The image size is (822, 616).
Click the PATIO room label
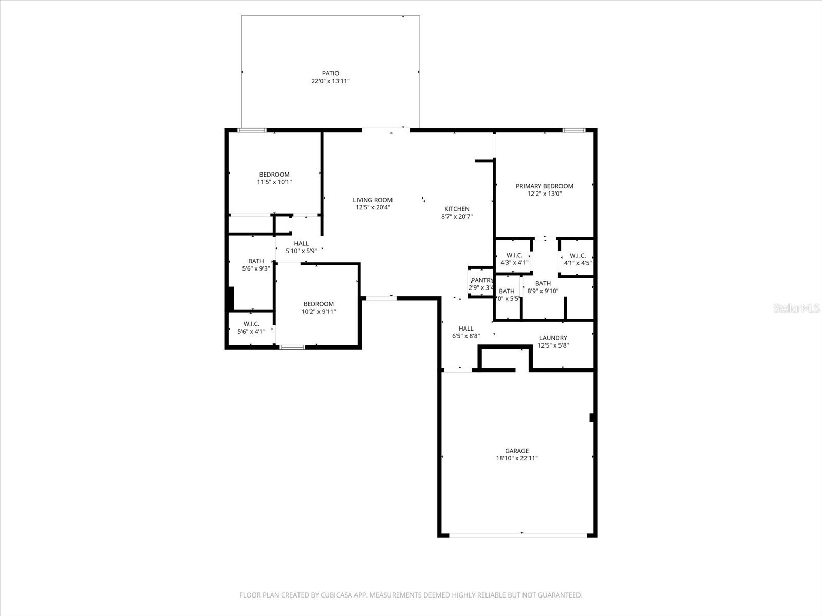click(330, 73)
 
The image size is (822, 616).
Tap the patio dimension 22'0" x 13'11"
click(330, 81)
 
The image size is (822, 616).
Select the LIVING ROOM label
click(372, 200)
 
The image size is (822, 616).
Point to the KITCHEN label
click(457, 209)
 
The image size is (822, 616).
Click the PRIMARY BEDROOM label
click(544, 186)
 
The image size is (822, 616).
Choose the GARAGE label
click(516, 451)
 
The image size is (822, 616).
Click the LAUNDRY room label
click(553, 338)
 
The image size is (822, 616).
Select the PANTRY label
click(481, 280)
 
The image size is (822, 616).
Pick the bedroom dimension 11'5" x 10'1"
click(274, 182)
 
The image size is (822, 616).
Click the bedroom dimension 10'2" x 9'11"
click(319, 312)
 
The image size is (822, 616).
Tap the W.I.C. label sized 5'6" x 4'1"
click(251, 324)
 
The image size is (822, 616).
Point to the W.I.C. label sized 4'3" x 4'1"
click(514, 255)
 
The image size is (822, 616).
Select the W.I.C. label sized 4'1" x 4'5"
click(577, 256)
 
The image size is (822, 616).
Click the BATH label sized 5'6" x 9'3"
click(256, 261)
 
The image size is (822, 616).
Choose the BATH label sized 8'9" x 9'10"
click(543, 283)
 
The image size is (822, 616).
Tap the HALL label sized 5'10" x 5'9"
click(301, 244)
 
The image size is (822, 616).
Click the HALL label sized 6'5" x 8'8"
click(466, 329)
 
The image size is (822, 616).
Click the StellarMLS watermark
click(796, 309)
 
